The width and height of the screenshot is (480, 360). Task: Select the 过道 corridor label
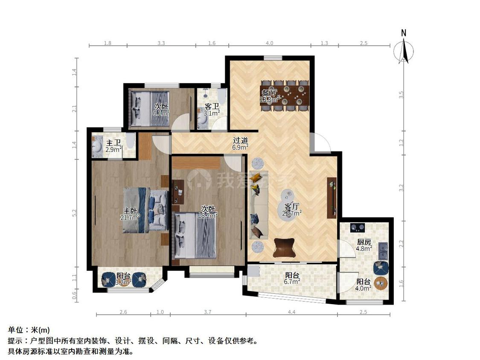click(x=240, y=140)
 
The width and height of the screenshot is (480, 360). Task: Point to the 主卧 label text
click(x=130, y=210)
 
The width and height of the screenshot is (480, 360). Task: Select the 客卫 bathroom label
click(x=212, y=106)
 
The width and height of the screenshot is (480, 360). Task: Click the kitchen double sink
click(x=383, y=251)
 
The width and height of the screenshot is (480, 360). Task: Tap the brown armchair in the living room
click(x=285, y=247)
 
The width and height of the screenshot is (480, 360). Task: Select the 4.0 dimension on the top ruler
click(x=270, y=43)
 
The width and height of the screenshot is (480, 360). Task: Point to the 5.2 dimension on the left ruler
click(x=75, y=212)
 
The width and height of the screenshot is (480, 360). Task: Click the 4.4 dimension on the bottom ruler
click(x=291, y=313)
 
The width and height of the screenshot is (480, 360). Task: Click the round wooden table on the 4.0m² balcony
click(x=381, y=283)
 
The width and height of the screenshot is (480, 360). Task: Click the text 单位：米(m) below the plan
click(x=29, y=330)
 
